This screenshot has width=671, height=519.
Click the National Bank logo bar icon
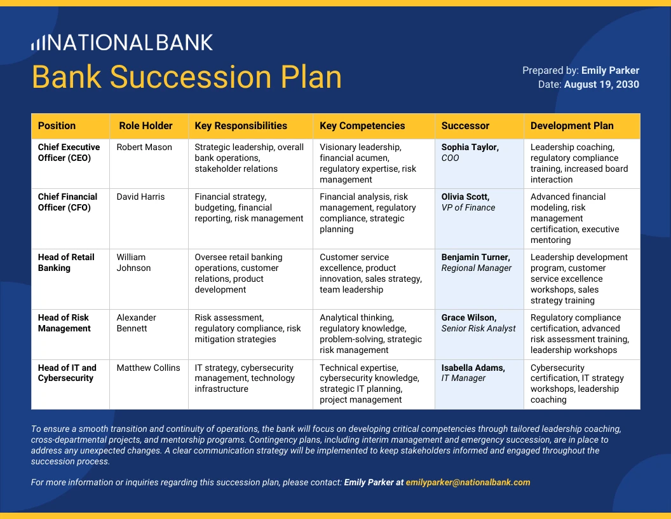click(38, 43)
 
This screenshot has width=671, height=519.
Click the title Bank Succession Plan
click(187, 77)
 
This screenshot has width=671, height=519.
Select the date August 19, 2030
click(601, 84)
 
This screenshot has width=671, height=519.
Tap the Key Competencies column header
click(362, 126)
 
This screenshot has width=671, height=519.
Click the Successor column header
click(465, 126)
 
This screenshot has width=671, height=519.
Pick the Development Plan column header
click(572, 126)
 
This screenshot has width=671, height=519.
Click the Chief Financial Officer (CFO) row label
click(67, 202)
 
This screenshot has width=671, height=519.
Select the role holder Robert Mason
click(144, 147)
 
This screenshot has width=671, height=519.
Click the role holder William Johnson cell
click(133, 263)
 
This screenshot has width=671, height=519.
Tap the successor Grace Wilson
click(469, 317)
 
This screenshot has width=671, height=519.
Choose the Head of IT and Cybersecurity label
click(67, 373)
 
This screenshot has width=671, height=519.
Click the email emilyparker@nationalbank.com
click(468, 482)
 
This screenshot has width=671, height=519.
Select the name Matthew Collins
click(148, 368)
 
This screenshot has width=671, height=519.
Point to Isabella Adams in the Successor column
click(473, 368)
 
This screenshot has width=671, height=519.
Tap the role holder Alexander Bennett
click(136, 323)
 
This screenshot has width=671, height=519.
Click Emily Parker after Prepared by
click(610, 71)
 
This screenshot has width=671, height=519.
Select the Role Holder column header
click(146, 126)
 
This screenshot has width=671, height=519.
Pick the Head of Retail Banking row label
click(66, 263)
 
